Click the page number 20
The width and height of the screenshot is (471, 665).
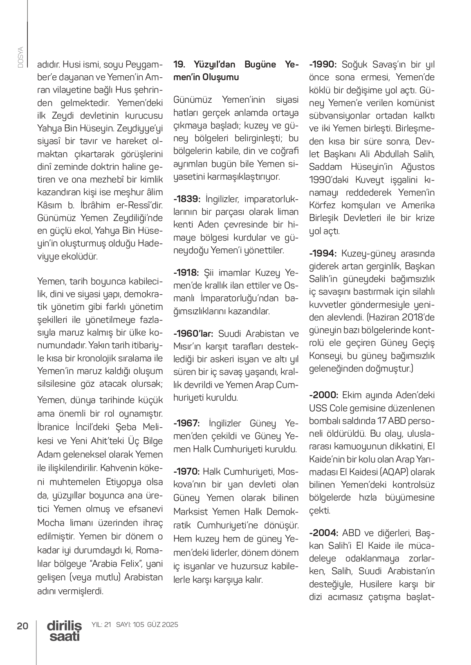point(22,626)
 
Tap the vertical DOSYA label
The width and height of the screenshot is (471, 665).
point(20,57)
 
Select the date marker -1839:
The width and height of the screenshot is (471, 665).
point(187,199)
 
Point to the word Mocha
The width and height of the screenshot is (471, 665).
point(50,523)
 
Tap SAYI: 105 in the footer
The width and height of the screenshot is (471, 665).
point(130,625)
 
